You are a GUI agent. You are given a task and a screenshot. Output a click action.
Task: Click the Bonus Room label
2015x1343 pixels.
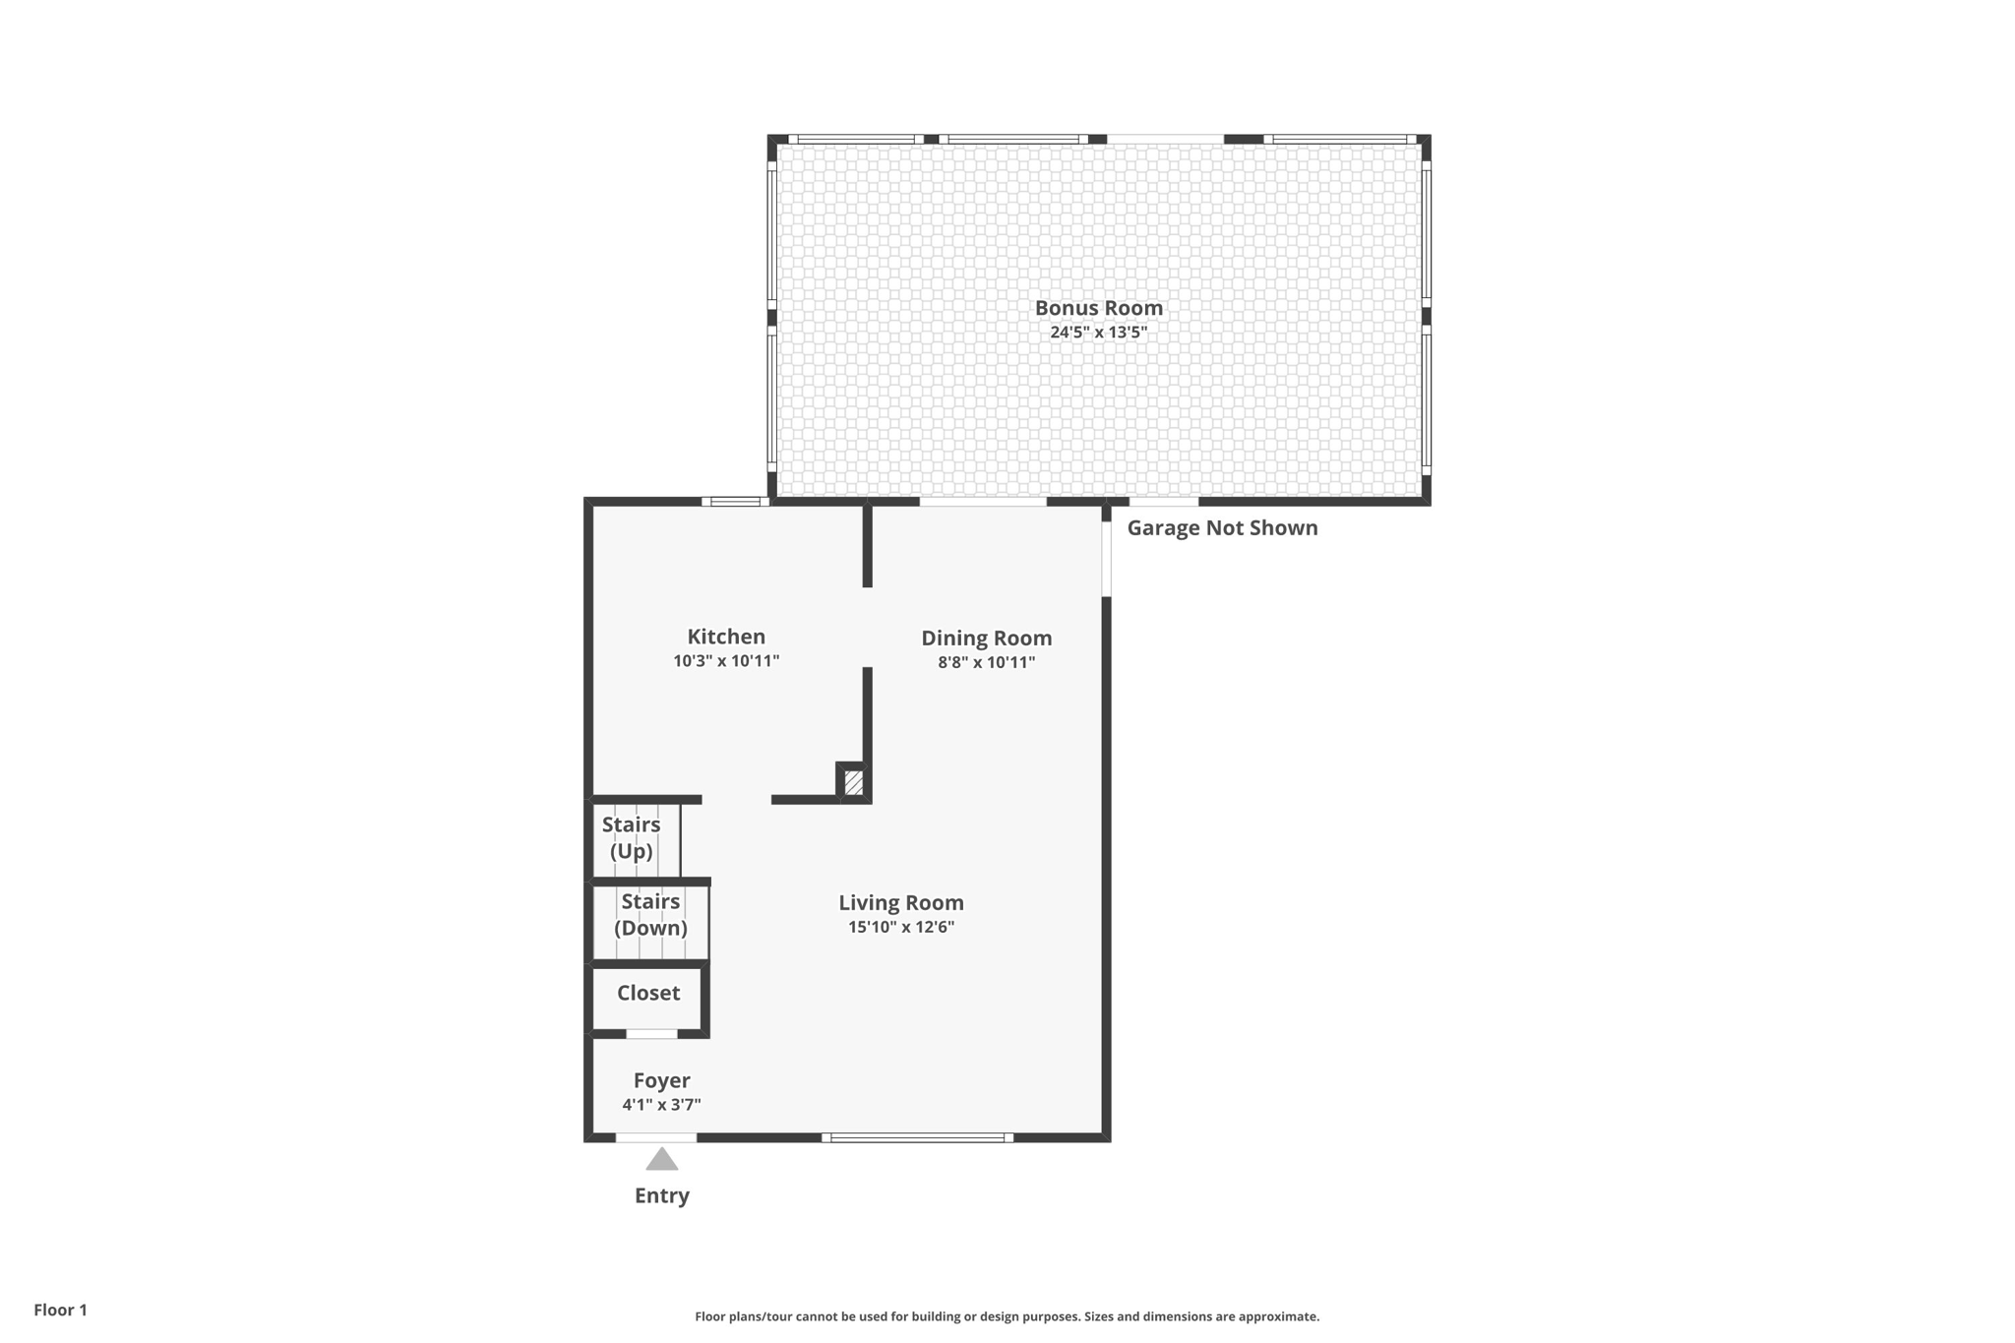1098,308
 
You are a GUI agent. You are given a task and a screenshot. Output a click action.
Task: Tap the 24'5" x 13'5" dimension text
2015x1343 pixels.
1098,333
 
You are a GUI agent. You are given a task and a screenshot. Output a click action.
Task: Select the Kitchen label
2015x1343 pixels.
726,637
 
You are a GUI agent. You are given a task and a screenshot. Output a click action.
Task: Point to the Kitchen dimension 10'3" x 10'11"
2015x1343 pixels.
726,661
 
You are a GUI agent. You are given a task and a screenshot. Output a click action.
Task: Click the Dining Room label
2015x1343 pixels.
986,638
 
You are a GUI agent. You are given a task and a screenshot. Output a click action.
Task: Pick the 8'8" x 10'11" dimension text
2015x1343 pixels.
986,662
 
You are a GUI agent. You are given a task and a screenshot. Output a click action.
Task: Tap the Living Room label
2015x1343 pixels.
900,902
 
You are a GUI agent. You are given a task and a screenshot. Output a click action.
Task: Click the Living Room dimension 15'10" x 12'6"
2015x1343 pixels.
900,927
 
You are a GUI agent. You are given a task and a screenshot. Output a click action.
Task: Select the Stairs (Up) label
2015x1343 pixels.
631,837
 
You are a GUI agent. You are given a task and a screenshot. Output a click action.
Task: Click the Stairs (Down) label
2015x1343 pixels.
650,914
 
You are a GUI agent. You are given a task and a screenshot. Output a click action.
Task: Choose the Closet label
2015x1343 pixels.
648,993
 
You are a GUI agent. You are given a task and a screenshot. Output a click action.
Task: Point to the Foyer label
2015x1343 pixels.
661,1080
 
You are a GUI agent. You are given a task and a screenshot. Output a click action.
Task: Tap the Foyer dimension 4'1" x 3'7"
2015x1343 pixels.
661,1105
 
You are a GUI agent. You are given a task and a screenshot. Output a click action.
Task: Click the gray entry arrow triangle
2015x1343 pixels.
662,1160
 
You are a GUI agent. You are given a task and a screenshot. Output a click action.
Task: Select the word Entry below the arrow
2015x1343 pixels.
662,1195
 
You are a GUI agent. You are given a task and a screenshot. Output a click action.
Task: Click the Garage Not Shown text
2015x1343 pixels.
1222,528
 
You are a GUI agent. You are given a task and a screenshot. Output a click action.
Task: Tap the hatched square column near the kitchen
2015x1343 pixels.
854,783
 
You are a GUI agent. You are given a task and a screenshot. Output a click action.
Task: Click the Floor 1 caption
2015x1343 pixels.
60,1310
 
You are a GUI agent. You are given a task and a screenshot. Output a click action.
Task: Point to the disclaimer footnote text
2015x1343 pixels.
1007,1316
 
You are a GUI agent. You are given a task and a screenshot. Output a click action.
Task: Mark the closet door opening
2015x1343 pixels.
651,1034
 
